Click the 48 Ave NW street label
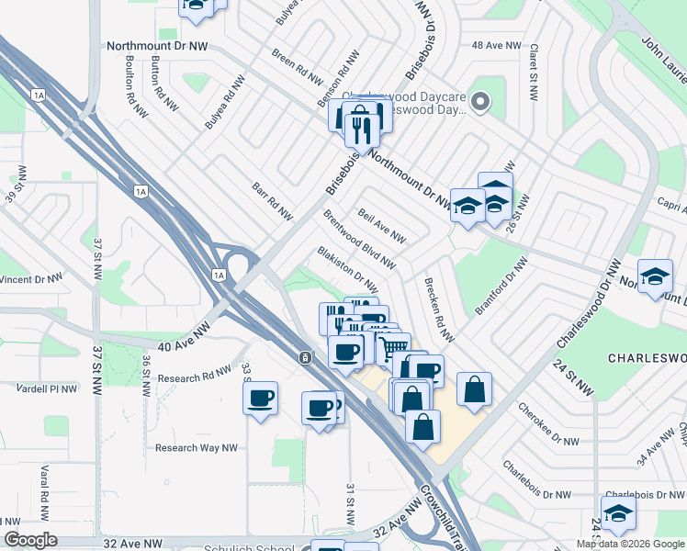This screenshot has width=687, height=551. pos(496,45)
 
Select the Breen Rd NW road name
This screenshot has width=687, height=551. pos(297,60)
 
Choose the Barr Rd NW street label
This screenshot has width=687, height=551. pos(272,202)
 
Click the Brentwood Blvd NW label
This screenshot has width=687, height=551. pos(359,240)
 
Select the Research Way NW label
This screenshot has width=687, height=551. pos(197,448)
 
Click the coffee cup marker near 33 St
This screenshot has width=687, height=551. pos(260,399)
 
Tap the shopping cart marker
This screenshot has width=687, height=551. pos(394,347)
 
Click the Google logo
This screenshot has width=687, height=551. pos(31,540)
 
